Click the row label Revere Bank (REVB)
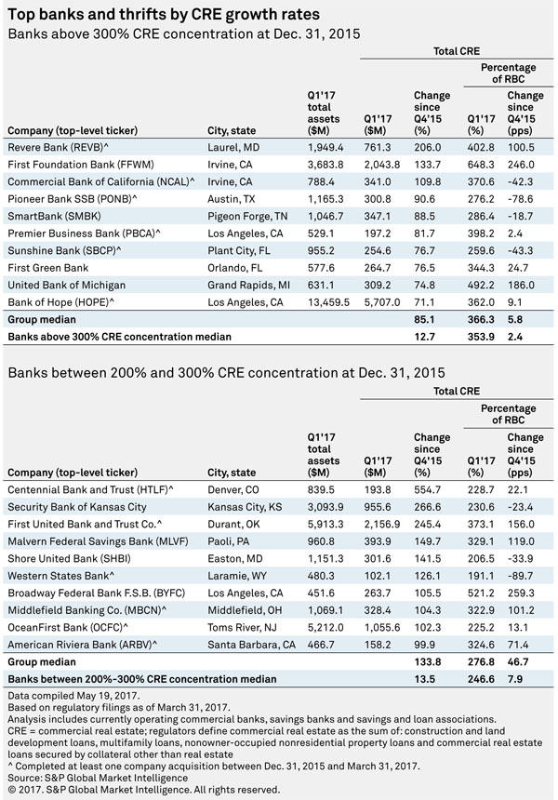(x=59, y=148)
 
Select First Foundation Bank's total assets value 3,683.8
(x=325, y=165)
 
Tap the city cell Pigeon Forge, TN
(x=247, y=217)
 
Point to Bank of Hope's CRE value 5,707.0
(x=382, y=302)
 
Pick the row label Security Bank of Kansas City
(x=77, y=507)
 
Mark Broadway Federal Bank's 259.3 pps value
(x=522, y=593)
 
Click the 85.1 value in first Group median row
(x=424, y=319)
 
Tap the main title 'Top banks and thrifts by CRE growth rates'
(x=164, y=14)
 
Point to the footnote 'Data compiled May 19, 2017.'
(x=73, y=696)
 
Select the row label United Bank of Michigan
(x=66, y=285)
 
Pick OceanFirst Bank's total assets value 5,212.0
(x=325, y=627)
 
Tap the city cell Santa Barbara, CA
(x=251, y=645)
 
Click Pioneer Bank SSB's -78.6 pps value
(x=521, y=199)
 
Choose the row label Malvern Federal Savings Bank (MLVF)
(x=98, y=541)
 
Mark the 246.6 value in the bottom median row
(x=481, y=679)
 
